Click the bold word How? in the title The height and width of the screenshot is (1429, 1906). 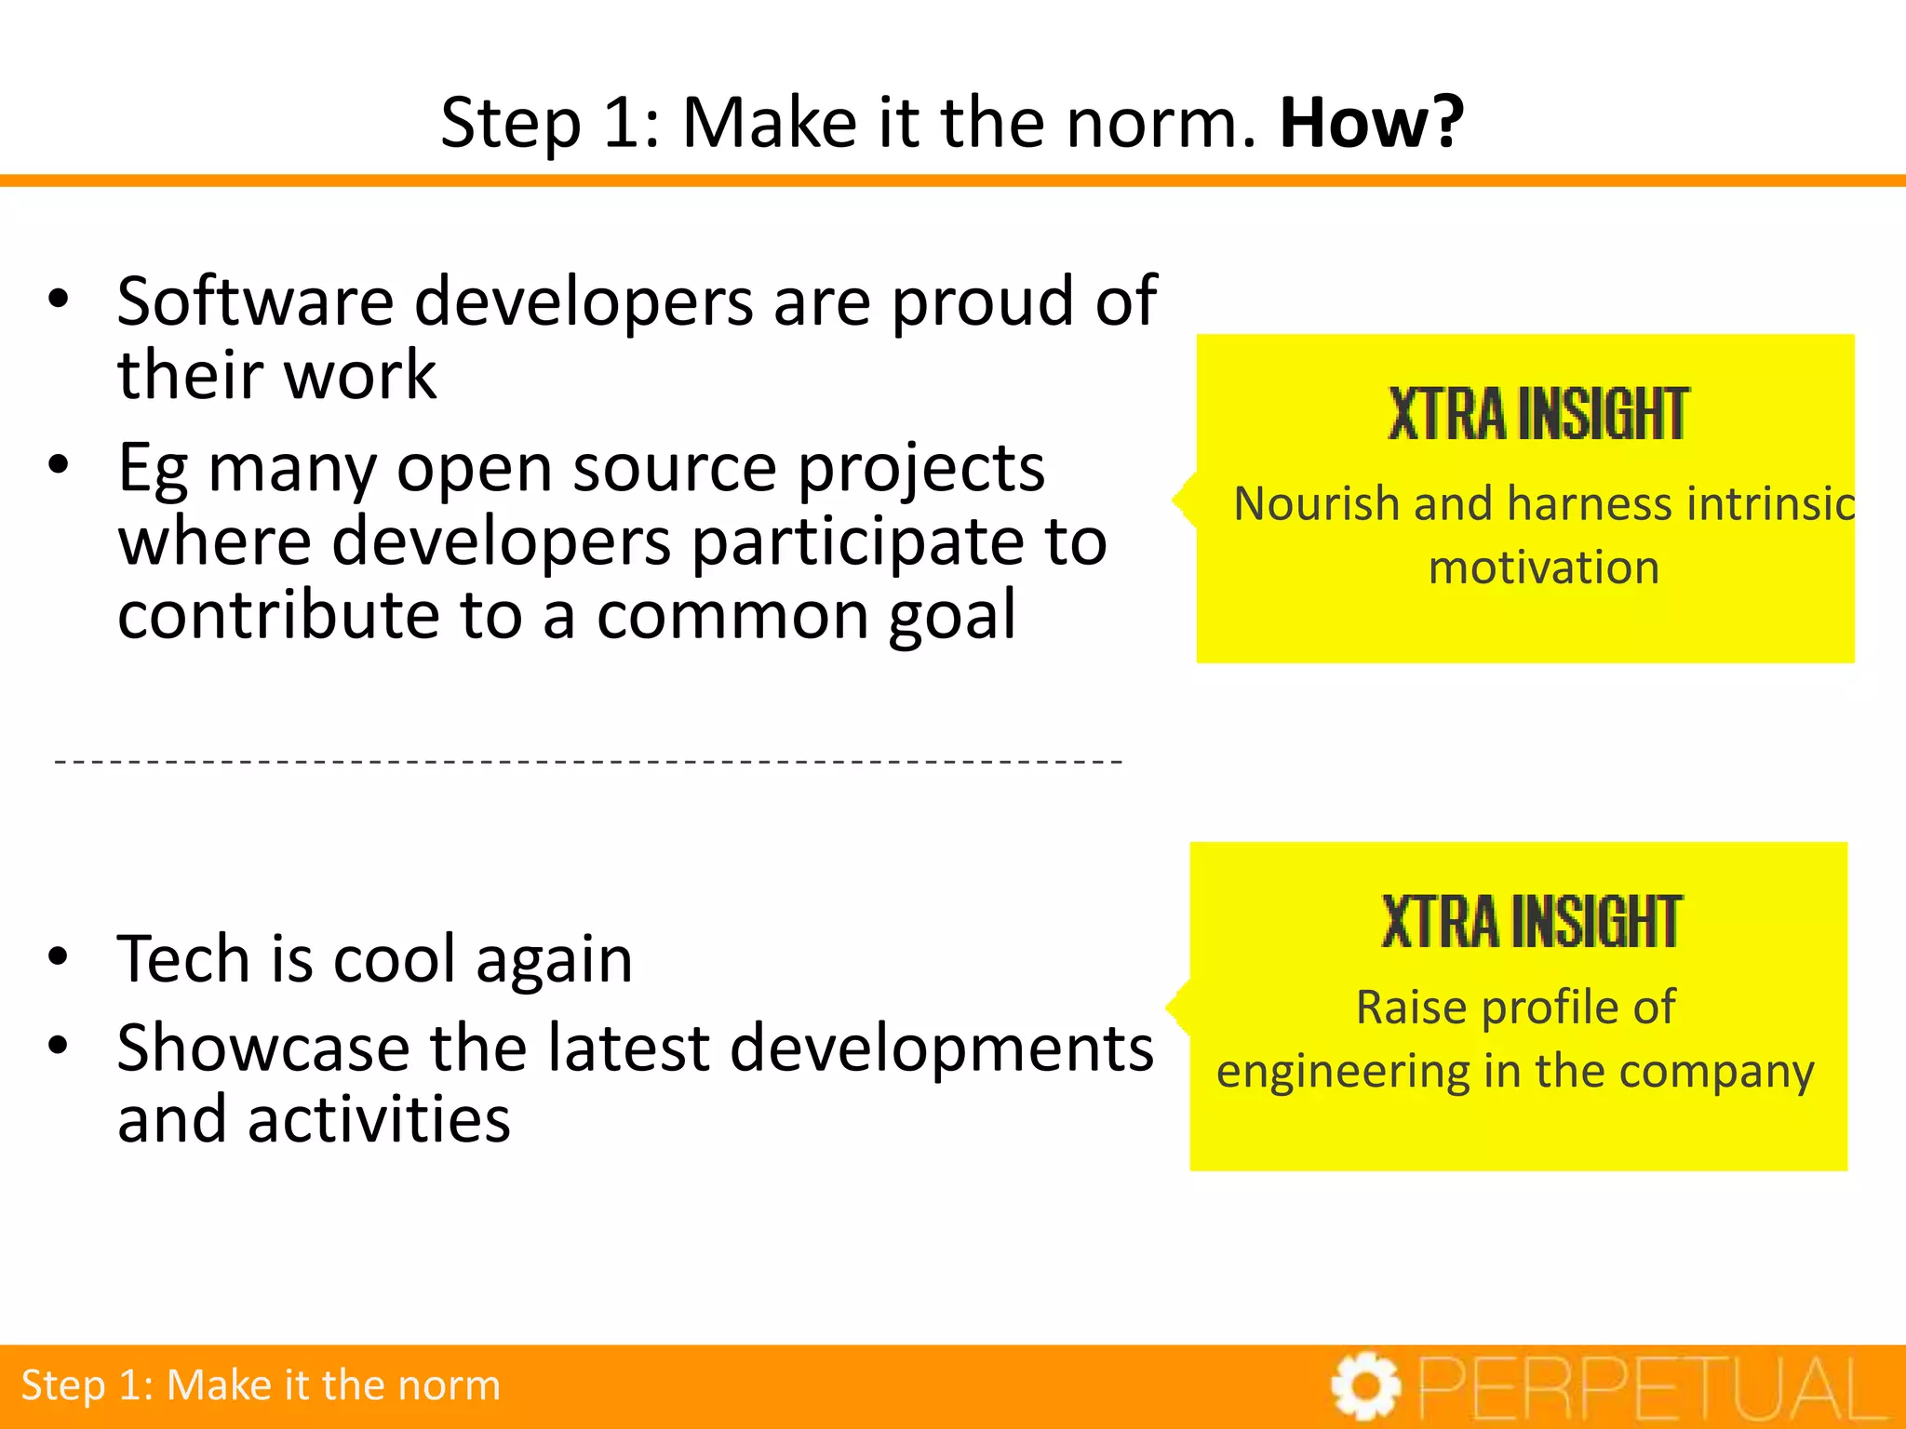1371,123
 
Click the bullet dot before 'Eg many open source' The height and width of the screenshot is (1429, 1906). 59,464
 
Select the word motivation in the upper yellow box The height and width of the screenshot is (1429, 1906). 1543,568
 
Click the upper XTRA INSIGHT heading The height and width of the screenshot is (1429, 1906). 1537,414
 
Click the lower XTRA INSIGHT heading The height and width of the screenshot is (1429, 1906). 1531,922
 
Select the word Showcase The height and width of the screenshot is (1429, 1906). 262,1048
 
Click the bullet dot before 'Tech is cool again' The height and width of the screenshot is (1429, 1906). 59,957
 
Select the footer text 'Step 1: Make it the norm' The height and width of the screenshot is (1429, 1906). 261,1385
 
